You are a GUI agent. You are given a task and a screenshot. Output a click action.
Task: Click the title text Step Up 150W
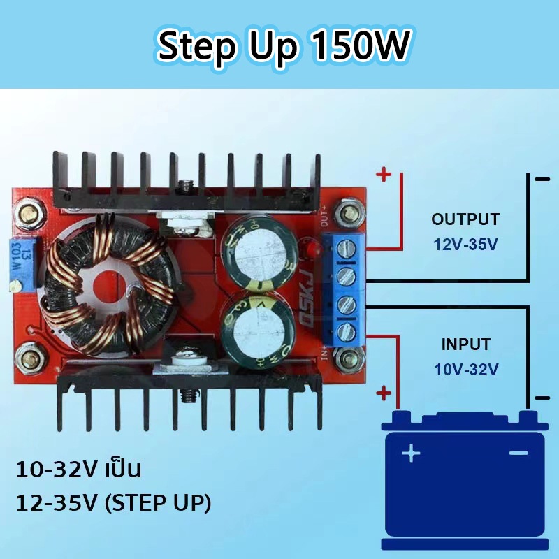[x=284, y=46]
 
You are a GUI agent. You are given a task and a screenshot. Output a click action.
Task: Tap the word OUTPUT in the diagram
[x=465, y=219]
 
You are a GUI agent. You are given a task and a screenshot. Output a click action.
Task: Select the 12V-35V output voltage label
[x=465, y=245]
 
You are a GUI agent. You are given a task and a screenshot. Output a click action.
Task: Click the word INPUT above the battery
[x=466, y=344]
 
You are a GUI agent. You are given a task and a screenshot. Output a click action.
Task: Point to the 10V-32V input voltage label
[x=466, y=370]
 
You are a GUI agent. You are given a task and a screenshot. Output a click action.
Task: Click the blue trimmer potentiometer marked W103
[x=22, y=265]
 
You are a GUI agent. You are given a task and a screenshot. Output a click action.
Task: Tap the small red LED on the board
[x=312, y=249]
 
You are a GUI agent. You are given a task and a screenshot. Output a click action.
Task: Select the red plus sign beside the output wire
[x=384, y=175]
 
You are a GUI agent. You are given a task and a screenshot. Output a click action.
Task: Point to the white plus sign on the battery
[x=411, y=453]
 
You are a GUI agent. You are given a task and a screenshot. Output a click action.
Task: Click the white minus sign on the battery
[x=518, y=453]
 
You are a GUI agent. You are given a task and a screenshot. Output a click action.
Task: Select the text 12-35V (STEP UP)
[x=114, y=503]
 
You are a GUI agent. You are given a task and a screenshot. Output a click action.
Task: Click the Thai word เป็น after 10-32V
[x=124, y=468]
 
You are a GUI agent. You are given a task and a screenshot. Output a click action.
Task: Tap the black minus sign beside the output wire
[x=542, y=180]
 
